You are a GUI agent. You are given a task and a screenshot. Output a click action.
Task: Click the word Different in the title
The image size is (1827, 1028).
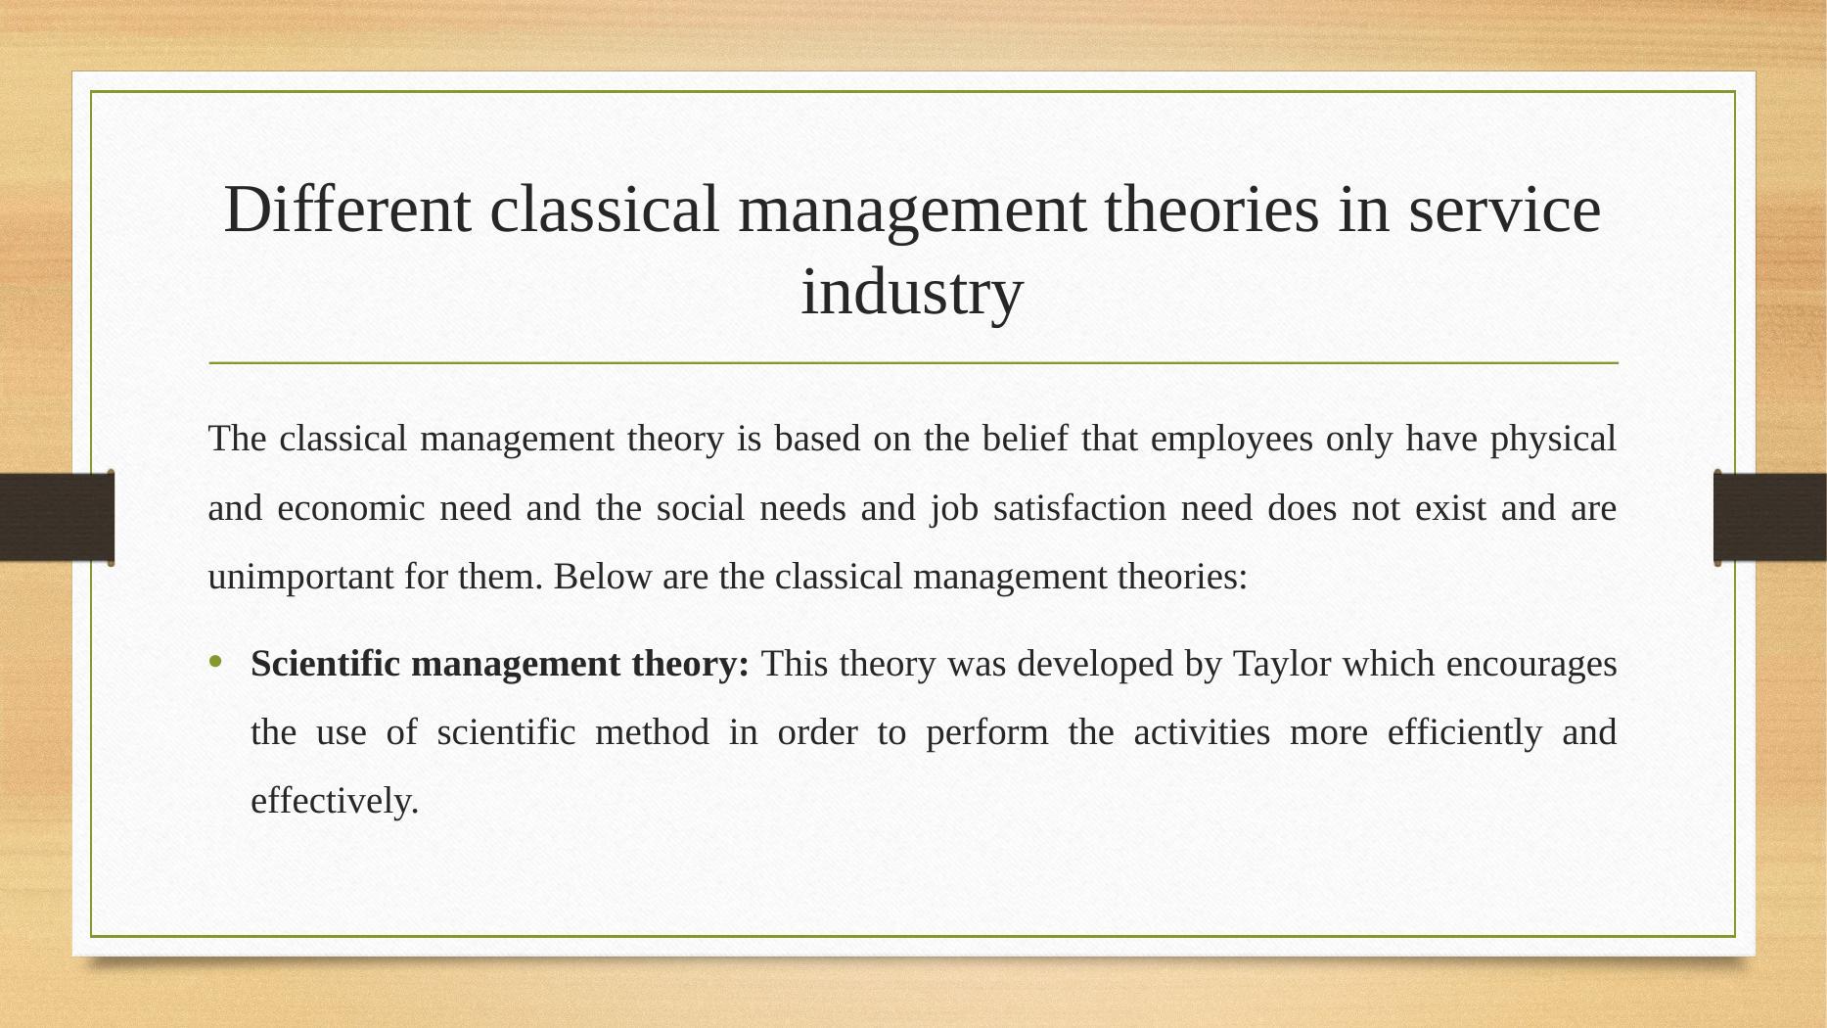[347, 210]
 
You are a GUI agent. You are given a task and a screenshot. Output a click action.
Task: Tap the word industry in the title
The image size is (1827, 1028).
[912, 292]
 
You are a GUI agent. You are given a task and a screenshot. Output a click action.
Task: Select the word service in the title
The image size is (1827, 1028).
[1504, 210]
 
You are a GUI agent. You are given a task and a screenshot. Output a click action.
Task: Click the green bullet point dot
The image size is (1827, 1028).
[216, 663]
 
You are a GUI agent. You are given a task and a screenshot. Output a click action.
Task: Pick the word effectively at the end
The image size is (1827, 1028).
[335, 801]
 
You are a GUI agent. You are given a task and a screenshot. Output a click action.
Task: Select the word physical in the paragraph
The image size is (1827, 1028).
[1553, 439]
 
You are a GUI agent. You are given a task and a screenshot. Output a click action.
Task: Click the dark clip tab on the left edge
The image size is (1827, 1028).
[57, 517]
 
